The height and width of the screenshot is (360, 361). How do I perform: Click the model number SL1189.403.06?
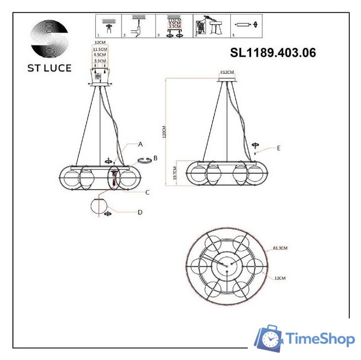tap(273, 53)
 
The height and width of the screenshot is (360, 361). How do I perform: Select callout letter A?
tap(140, 144)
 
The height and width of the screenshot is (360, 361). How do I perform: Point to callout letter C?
tap(147, 192)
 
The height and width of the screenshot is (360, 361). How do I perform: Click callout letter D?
tap(140, 212)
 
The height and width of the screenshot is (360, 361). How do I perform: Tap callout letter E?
tap(278, 148)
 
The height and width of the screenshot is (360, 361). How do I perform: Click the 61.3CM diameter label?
tap(280, 247)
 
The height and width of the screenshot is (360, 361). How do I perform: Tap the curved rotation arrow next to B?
tap(146, 160)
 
